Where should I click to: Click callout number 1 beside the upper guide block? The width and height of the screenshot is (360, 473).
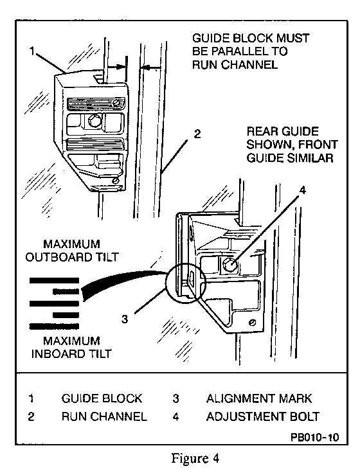tap(32, 51)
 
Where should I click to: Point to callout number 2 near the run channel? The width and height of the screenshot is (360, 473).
tap(197, 134)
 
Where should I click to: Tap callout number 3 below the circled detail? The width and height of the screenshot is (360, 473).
tap(125, 319)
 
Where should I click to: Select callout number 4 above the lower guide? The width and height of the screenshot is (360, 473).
tap(302, 190)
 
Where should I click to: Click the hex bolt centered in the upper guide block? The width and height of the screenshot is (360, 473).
tap(94, 121)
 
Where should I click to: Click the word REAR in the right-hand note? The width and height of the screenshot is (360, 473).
tap(260, 132)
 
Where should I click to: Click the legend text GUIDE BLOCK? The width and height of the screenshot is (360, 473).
tap(102, 398)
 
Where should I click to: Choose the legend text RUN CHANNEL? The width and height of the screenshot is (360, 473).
tap(104, 416)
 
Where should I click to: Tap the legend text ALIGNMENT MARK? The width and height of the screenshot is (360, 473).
tap(259, 398)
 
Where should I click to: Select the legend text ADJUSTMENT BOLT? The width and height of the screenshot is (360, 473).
tap(262, 416)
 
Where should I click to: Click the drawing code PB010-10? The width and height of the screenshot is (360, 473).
tap(315, 437)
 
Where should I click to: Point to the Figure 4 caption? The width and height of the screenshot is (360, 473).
tap(195, 458)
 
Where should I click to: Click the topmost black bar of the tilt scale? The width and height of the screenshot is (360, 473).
tap(54, 281)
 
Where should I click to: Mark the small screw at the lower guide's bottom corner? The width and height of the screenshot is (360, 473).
tap(253, 323)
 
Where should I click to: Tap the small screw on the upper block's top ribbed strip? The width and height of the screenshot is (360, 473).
tap(116, 103)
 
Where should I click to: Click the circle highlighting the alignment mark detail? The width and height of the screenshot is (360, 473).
tap(166, 283)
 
